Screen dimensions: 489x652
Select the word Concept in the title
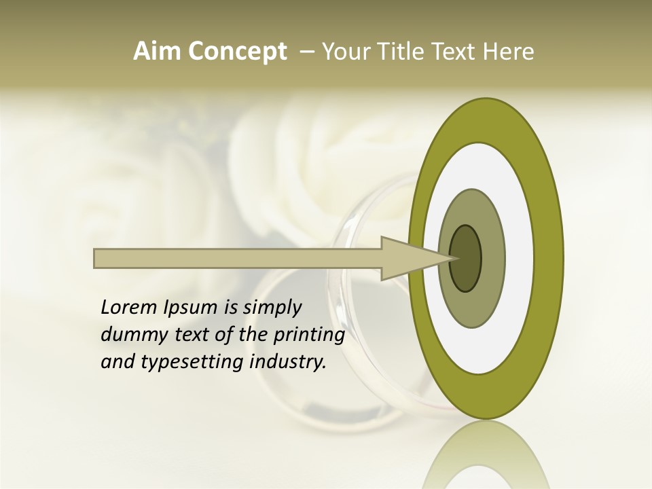click(237, 52)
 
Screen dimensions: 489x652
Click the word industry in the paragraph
click(288, 362)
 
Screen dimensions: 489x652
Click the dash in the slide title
click(306, 52)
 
